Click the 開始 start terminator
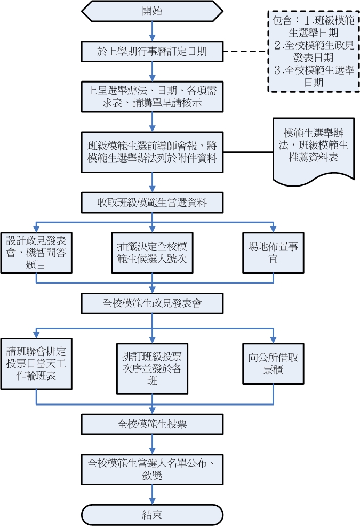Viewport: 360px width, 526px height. tap(153, 11)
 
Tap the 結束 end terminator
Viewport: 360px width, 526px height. tap(153, 515)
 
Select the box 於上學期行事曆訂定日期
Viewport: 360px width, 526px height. tap(153, 52)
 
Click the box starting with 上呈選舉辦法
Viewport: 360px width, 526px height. tap(153, 96)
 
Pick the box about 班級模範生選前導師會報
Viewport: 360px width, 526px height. tap(153, 152)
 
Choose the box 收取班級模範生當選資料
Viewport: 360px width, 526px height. tap(153, 203)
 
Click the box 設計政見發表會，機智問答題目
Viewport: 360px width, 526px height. tap(36, 252)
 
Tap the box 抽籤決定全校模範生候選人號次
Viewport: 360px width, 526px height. tap(153, 253)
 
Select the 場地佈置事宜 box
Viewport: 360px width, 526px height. tap(274, 253)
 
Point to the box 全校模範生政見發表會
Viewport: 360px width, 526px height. tap(153, 304)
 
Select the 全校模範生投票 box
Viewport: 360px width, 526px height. tap(153, 424)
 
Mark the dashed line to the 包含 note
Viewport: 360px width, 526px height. tap(245, 52)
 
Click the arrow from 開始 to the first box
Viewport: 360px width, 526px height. tap(153, 31)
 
